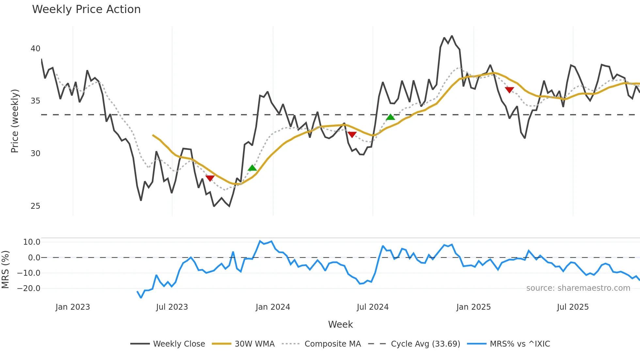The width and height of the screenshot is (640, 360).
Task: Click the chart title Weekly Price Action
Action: pyautogui.click(x=86, y=9)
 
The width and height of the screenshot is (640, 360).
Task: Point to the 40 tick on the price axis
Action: pyautogui.click(x=35, y=49)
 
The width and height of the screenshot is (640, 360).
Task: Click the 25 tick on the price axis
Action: pyautogui.click(x=35, y=206)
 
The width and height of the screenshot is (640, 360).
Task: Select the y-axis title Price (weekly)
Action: pyautogui.click(x=15, y=121)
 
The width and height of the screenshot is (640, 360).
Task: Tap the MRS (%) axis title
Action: pyautogui.click(x=5, y=270)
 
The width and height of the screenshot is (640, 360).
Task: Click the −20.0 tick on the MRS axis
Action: pyautogui.click(x=29, y=288)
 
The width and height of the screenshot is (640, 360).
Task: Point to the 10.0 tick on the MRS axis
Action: pyautogui.click(x=32, y=242)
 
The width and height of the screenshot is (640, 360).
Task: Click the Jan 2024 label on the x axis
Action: pyautogui.click(x=273, y=307)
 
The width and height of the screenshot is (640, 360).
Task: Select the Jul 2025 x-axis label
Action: pyautogui.click(x=573, y=307)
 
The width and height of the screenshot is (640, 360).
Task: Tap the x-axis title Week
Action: pyautogui.click(x=340, y=324)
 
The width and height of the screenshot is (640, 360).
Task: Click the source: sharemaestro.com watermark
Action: pyautogui.click(x=578, y=288)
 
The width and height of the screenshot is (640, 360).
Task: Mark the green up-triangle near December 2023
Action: pyautogui.click(x=252, y=168)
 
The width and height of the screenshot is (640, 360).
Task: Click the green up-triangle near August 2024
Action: pyautogui.click(x=391, y=117)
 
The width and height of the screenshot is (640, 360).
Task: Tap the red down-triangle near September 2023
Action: pyautogui.click(x=210, y=178)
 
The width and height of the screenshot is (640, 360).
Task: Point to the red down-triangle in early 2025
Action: pyautogui.click(x=509, y=90)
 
